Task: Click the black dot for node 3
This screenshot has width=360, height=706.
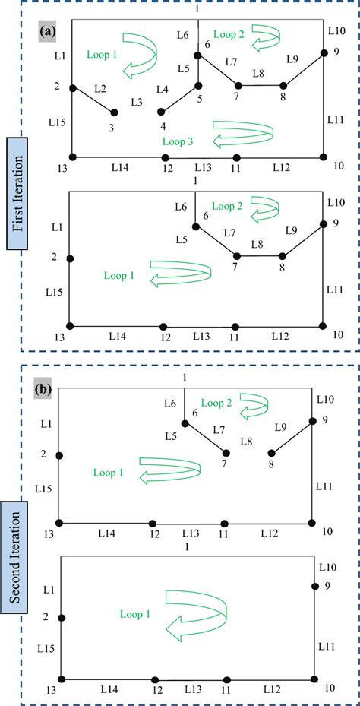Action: coord(115,112)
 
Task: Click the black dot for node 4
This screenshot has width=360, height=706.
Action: coord(160,112)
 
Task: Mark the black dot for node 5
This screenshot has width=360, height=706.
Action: coord(199,86)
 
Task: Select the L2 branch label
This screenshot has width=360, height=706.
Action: coord(99,89)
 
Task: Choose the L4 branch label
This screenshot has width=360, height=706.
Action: coord(163,90)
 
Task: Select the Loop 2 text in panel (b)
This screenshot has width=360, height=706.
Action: coord(216,403)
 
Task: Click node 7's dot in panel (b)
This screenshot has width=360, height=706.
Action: coord(225,452)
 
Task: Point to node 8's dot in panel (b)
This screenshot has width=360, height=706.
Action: coord(271,453)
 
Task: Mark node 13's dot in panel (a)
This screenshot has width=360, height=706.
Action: coord(72,157)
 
